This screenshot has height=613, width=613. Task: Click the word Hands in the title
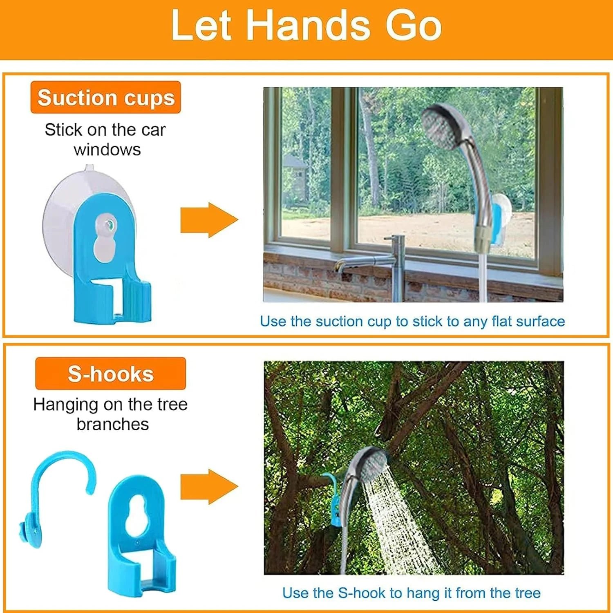click(309, 26)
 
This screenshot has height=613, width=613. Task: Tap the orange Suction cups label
click(105, 97)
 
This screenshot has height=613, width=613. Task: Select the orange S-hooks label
click(110, 374)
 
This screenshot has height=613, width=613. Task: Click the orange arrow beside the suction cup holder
click(209, 220)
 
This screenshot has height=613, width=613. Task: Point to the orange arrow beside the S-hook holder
click(209, 486)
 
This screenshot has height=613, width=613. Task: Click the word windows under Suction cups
click(107, 150)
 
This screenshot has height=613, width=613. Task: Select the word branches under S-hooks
click(113, 424)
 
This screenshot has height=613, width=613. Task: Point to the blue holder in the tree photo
click(332, 501)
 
